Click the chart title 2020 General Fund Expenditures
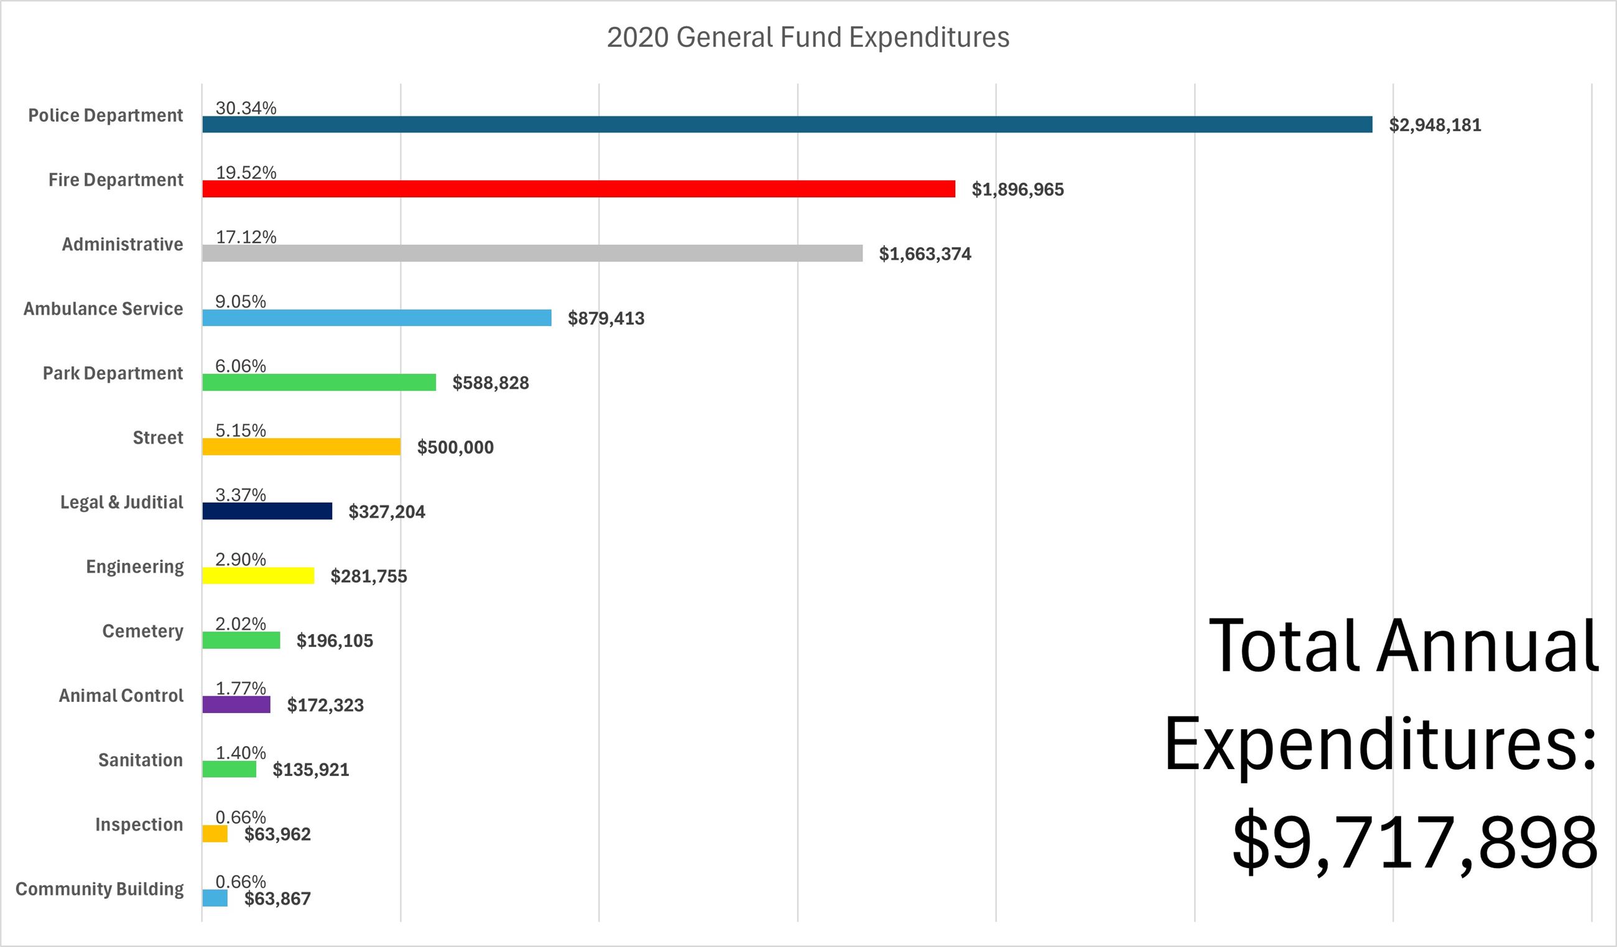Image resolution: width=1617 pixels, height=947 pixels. pyautogui.click(x=808, y=37)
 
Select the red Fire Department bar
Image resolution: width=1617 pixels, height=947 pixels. pyautogui.click(x=578, y=189)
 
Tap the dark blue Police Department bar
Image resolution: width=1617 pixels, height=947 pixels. pyautogui.click(x=787, y=124)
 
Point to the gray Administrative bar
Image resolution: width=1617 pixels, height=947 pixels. pyautogui.click(x=532, y=254)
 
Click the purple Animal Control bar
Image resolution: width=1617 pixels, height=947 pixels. pyautogui.click(x=236, y=705)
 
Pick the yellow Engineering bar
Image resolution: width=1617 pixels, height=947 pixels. pyautogui.click(x=258, y=576)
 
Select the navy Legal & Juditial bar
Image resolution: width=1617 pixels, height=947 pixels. pyautogui.click(x=267, y=511)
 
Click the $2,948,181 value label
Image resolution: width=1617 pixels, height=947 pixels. pyautogui.click(x=1435, y=125)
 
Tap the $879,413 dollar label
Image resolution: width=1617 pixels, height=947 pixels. pyautogui.click(x=606, y=319)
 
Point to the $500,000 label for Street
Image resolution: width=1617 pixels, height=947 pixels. pyautogui.click(x=455, y=447)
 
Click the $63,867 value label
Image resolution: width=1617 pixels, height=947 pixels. pyautogui.click(x=277, y=899)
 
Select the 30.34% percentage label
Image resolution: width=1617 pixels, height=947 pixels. pyautogui.click(x=246, y=108)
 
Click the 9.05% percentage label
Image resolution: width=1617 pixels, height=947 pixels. pyautogui.click(x=240, y=301)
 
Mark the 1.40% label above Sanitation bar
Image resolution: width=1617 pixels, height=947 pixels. pyautogui.click(x=240, y=752)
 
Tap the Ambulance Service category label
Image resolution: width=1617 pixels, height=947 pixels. pyautogui.click(x=103, y=309)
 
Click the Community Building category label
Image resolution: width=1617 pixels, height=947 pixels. pyautogui.click(x=100, y=889)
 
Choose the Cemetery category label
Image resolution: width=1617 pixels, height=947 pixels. pyautogui.click(x=142, y=631)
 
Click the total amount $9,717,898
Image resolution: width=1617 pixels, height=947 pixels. pyautogui.click(x=1414, y=842)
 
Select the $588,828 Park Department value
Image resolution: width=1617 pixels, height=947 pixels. pyautogui.click(x=490, y=383)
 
